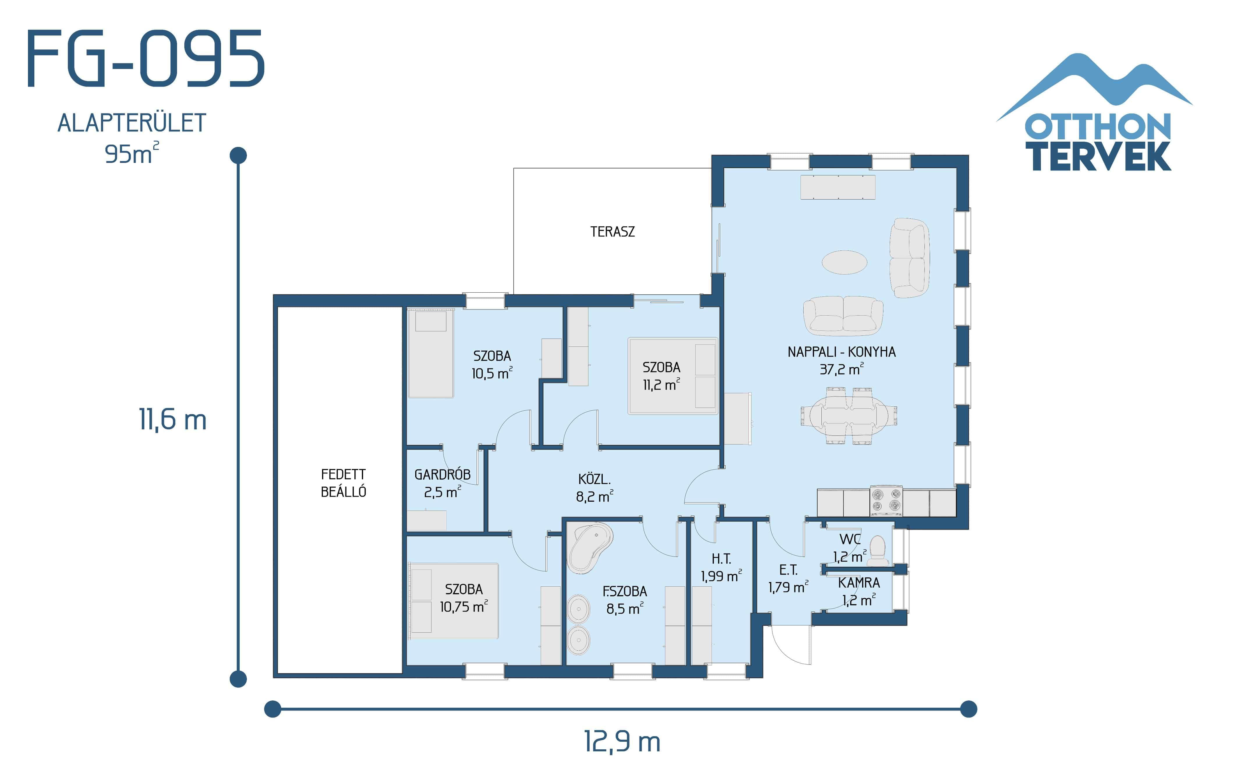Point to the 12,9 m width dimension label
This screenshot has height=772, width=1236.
pyautogui.click(x=622, y=741)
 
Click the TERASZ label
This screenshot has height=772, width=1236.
pyautogui.click(x=612, y=232)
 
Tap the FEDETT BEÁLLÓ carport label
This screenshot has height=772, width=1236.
pyautogui.click(x=343, y=483)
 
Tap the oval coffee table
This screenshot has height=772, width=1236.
pyautogui.click(x=844, y=262)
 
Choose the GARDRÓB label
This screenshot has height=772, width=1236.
pyautogui.click(x=442, y=475)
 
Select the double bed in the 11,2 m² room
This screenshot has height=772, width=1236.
pyautogui.click(x=672, y=376)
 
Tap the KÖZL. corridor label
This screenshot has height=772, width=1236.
pyautogui.click(x=594, y=479)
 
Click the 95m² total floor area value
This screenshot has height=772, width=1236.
pyautogui.click(x=131, y=154)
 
